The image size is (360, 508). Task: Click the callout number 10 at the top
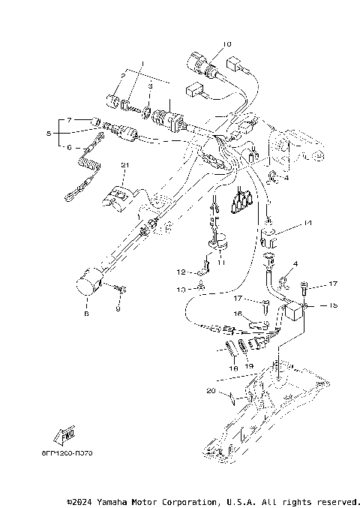[x=227, y=44]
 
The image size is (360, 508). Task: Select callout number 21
[x=125, y=164]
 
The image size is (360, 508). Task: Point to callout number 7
[x=68, y=120]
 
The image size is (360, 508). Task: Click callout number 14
[x=307, y=223]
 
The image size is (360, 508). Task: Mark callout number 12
[x=181, y=272]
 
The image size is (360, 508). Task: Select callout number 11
[x=220, y=262]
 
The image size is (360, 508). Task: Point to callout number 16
[x=237, y=314]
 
